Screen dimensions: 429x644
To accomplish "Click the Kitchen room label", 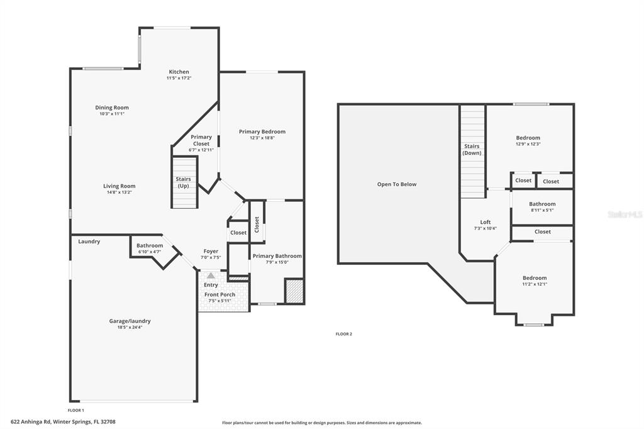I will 178,72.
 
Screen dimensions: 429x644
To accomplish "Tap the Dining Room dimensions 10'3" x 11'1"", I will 112,114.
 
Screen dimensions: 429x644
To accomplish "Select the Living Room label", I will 119,186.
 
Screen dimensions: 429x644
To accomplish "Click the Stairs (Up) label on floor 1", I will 183,182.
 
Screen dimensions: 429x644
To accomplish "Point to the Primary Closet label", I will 201,140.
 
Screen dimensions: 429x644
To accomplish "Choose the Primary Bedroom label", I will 262,131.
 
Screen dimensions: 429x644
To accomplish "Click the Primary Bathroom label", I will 277,256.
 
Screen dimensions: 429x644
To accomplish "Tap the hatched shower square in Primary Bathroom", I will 294,292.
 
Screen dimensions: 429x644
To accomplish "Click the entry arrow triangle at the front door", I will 211,276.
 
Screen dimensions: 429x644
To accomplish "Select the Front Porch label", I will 219,294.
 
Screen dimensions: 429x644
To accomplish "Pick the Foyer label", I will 211,252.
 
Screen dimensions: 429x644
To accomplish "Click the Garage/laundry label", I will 130,321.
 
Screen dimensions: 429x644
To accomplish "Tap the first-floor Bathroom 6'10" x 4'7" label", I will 150,245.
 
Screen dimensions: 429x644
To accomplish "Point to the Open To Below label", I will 396,184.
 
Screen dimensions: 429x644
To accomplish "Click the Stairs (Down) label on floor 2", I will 472,150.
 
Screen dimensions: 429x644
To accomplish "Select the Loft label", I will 485,222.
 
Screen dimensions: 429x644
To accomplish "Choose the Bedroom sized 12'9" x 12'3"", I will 528,138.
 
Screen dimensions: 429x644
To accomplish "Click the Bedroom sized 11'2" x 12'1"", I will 534,278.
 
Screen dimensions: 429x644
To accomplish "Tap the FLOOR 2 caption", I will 343,334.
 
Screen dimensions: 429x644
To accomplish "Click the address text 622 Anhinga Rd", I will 63,421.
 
